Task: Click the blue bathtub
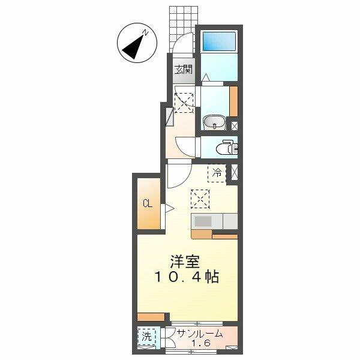click(219, 41)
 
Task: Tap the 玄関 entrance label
click(184, 70)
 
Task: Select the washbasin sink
click(214, 122)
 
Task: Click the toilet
click(227, 147)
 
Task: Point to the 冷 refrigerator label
click(217, 172)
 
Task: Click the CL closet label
click(148, 203)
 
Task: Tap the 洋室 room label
click(185, 262)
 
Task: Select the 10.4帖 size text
click(187, 277)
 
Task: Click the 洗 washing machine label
click(146, 337)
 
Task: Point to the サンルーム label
click(200, 334)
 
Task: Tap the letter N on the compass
click(145, 32)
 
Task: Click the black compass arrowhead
click(134, 47)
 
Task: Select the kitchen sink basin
click(203, 221)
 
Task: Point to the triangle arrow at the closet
click(170, 209)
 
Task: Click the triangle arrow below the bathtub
click(206, 77)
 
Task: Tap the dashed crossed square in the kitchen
click(200, 199)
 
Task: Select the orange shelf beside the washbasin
click(233, 101)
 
